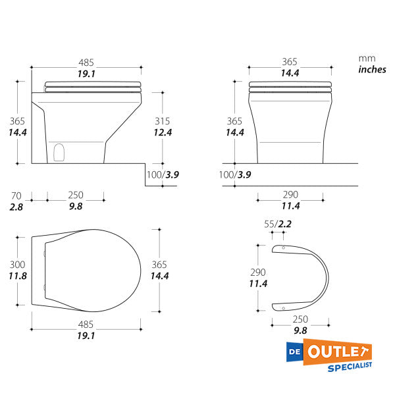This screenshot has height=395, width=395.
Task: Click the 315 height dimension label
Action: coord(162,121)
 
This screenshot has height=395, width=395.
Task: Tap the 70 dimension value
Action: coord(16,196)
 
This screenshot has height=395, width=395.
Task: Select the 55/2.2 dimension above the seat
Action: coord(278,224)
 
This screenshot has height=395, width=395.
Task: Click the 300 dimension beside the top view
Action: coord(17,265)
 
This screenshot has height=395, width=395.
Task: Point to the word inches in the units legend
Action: coord(372,70)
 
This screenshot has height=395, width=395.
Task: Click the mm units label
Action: coord(367,59)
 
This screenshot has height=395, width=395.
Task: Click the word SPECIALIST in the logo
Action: coord(350,367)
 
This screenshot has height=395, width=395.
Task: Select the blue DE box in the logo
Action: coord(295,352)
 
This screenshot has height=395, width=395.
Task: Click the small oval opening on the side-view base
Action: coord(59,153)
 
